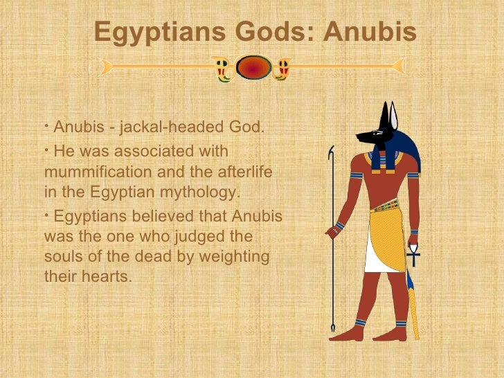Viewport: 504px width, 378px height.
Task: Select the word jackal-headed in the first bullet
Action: (163, 128)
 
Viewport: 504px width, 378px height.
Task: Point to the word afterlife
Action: (242, 171)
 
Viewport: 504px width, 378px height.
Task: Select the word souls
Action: (63, 257)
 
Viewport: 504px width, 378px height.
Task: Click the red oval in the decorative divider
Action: (253, 67)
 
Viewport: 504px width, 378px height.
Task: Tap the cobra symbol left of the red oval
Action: (222, 68)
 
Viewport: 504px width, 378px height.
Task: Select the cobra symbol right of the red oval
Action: (282, 68)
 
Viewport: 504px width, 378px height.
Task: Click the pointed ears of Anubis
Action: (388, 114)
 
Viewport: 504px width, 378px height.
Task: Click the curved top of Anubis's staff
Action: (332, 153)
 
